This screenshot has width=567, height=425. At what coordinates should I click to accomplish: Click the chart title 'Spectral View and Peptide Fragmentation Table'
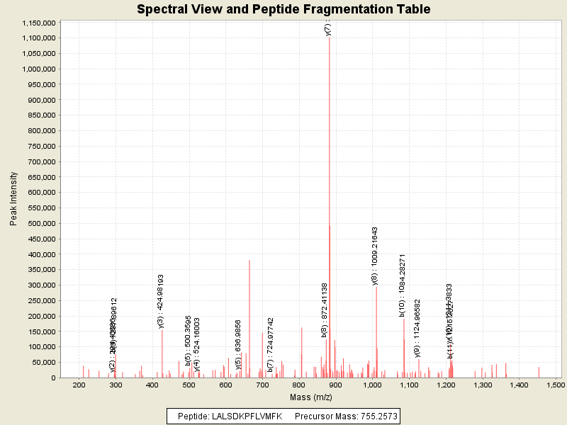pos(283,9)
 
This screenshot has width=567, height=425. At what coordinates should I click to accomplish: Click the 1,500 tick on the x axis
pos(556,385)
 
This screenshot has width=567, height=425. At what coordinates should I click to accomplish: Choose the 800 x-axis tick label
pos(299,385)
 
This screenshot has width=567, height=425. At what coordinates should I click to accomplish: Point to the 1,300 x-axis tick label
pos(483,385)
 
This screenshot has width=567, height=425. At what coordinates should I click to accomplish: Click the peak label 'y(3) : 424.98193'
pos(161,301)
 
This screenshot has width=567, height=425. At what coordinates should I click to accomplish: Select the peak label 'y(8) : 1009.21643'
pos(375,256)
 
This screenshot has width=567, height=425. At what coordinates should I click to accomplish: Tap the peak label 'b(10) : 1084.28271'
pos(403,285)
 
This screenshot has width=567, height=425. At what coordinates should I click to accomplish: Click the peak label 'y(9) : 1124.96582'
pos(417,328)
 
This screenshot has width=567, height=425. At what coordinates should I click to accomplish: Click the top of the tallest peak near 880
pos(330,38)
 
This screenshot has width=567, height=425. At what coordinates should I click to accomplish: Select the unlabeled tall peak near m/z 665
pos(249,261)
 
